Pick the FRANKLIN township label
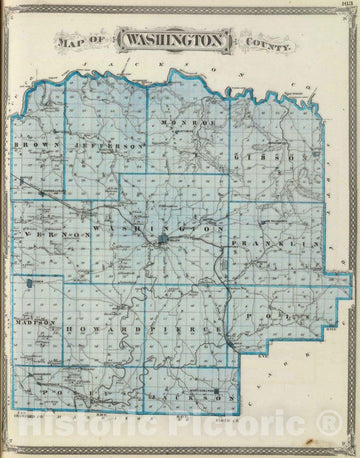point(264,243)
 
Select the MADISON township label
point(34,322)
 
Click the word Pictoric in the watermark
point(244,431)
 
